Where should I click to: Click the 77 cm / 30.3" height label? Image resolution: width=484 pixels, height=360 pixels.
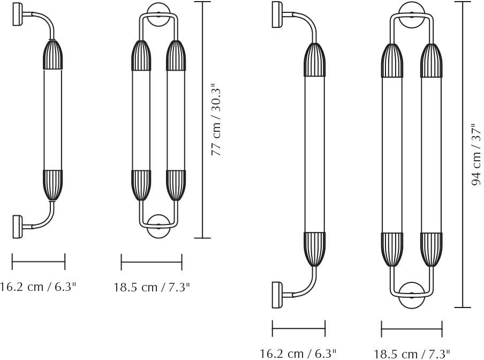tap(217, 119)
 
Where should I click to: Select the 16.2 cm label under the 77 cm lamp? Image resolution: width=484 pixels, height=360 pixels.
tap(37, 287)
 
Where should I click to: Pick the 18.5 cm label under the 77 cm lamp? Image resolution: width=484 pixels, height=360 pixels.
tap(152, 287)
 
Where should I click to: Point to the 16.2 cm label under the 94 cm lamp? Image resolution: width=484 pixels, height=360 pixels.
tap(298, 353)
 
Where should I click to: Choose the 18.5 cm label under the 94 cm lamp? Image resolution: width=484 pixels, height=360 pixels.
tap(412, 354)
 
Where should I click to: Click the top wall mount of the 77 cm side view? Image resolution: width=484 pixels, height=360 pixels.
tap(17, 14)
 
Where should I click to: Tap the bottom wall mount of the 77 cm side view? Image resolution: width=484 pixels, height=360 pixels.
tap(17, 226)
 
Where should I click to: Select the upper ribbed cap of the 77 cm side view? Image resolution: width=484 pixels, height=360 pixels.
tap(52, 55)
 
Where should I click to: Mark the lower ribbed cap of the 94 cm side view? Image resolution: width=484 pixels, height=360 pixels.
tap(314, 249)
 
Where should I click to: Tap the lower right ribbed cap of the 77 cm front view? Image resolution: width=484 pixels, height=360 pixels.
tap(175, 185)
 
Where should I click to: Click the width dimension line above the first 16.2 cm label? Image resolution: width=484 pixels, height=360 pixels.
tap(38, 262)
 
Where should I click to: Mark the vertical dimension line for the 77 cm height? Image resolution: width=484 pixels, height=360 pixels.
tap(202, 119)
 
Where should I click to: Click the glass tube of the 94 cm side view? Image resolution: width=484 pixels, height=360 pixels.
tap(314, 155)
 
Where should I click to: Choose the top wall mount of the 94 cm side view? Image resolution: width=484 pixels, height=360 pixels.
tap(277, 14)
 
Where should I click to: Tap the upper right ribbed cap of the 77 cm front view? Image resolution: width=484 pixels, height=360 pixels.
tap(175, 55)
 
